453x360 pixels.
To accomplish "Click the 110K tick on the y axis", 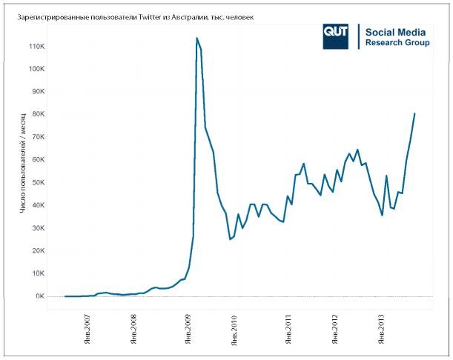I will pyautogui.click(x=36, y=46).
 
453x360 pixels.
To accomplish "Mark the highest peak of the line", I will pyautogui.click(x=196, y=38).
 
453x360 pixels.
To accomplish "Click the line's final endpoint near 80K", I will pyautogui.click(x=414, y=113).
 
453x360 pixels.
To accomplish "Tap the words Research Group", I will pyautogui.click(x=397, y=43).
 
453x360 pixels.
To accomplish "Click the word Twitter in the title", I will pyautogui.click(x=153, y=16).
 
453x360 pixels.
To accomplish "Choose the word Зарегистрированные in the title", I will pyautogui.click(x=43, y=16).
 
